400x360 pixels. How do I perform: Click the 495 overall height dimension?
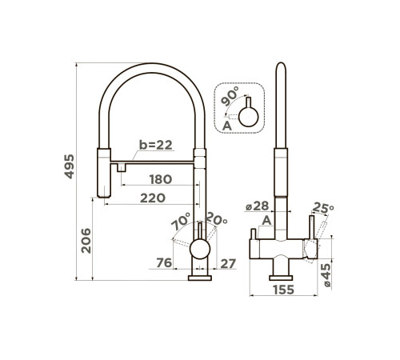(x=70, y=166)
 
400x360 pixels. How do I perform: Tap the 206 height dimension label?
(x=86, y=241)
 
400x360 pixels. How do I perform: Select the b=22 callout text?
(x=156, y=145)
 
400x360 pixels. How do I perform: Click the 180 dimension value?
(x=161, y=179)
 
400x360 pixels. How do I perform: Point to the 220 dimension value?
(x=153, y=198)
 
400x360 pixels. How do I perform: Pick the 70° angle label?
(x=182, y=221)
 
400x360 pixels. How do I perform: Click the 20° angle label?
(x=217, y=218)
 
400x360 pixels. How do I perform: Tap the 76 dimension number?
(x=164, y=262)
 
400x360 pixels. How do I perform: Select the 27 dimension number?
(x=228, y=264)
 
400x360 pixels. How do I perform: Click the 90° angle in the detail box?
(x=230, y=96)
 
